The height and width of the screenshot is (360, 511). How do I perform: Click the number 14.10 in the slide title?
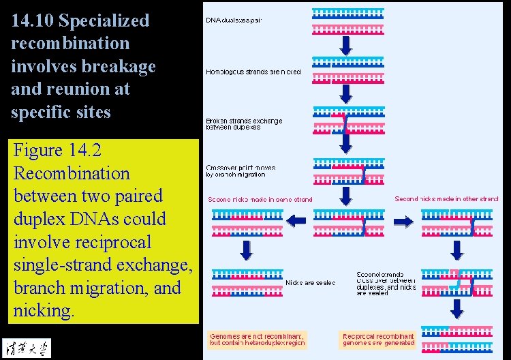[x=32, y=20]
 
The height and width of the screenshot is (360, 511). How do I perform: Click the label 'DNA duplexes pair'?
[x=234, y=20]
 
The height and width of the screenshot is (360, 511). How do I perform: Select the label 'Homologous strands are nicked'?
[x=253, y=72]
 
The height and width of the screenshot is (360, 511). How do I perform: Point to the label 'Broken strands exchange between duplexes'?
[x=244, y=124]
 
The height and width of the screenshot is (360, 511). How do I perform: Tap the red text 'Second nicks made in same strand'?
[x=260, y=200]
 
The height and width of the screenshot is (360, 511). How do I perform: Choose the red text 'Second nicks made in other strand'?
[x=446, y=199]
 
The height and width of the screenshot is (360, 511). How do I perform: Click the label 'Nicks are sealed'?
[x=310, y=282]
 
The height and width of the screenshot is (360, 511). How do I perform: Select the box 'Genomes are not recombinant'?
[x=258, y=340]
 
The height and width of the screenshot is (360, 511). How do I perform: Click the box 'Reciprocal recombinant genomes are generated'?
[x=378, y=340]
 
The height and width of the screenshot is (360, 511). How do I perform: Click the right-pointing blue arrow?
[x=403, y=221]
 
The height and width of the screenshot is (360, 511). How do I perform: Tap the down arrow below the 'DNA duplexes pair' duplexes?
[x=346, y=46]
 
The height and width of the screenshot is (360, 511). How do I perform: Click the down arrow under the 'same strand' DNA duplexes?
[x=246, y=250]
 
